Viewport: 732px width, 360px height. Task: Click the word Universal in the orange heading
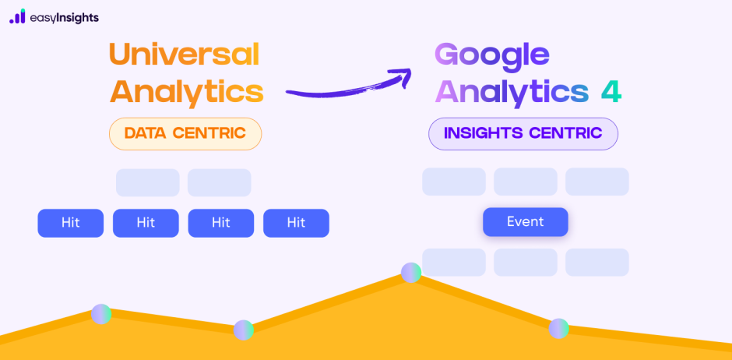click(x=184, y=55)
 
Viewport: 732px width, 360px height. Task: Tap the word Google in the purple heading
click(x=491, y=55)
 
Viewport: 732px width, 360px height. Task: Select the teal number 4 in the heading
click(x=611, y=91)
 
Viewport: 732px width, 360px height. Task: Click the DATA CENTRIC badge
click(x=185, y=133)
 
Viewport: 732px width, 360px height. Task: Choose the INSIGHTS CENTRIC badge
click(x=523, y=133)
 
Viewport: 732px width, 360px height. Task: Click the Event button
click(x=525, y=222)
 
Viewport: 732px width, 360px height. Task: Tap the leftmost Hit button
click(x=71, y=223)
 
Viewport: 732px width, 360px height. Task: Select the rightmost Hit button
click(x=296, y=223)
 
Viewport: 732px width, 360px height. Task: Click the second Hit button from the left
click(x=146, y=223)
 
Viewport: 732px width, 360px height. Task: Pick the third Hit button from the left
click(x=221, y=223)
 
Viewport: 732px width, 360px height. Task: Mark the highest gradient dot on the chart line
click(x=411, y=272)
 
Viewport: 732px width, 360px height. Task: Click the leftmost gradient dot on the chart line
click(x=101, y=314)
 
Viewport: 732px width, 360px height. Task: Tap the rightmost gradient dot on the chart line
click(x=558, y=328)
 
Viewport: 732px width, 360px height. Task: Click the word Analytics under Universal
click(x=186, y=92)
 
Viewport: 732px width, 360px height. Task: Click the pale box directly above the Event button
click(x=525, y=182)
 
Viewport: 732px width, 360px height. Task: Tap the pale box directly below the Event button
click(x=525, y=263)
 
